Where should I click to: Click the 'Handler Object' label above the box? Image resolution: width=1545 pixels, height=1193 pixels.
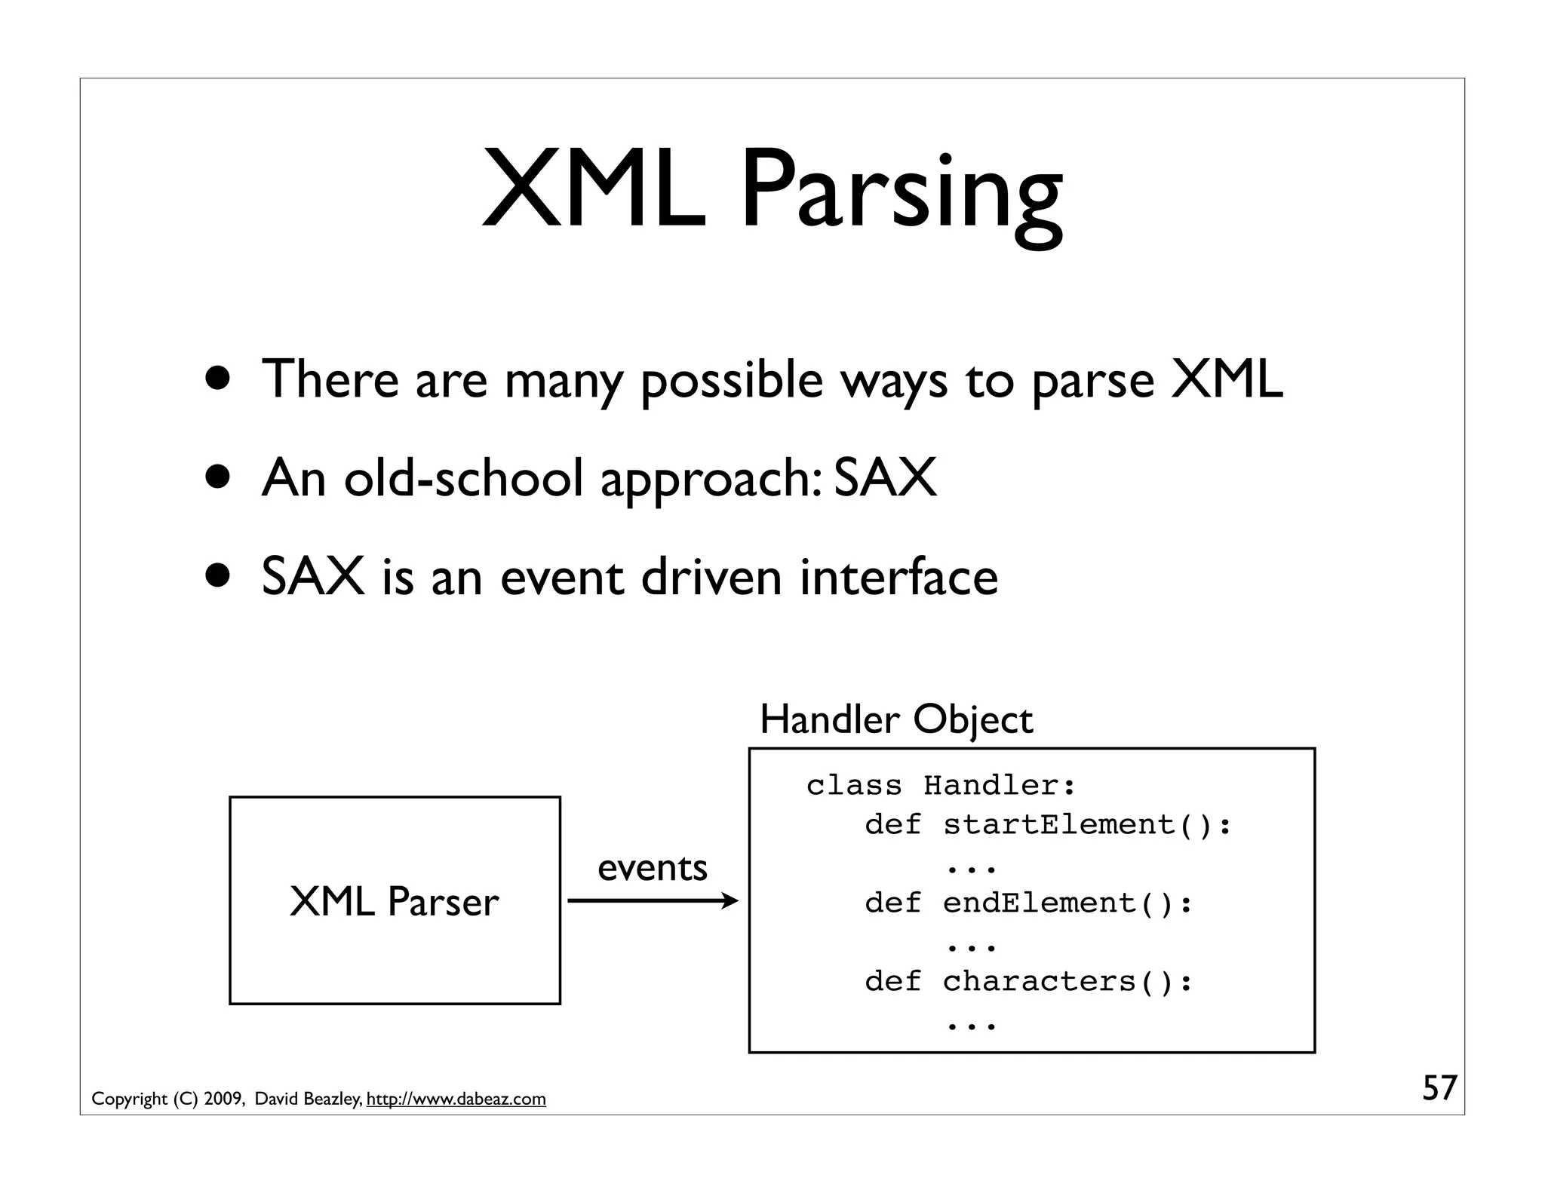tap(895, 719)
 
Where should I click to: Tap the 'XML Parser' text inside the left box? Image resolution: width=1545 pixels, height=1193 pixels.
tap(394, 901)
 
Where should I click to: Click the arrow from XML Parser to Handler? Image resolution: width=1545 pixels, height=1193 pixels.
tap(653, 900)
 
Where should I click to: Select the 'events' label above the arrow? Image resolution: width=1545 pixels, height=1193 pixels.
tap(653, 867)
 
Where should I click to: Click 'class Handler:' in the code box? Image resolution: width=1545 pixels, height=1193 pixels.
tap(941, 786)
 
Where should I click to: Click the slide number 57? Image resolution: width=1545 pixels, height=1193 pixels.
tap(1439, 1088)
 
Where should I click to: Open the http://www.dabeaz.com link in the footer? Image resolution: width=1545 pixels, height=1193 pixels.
tap(456, 1099)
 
